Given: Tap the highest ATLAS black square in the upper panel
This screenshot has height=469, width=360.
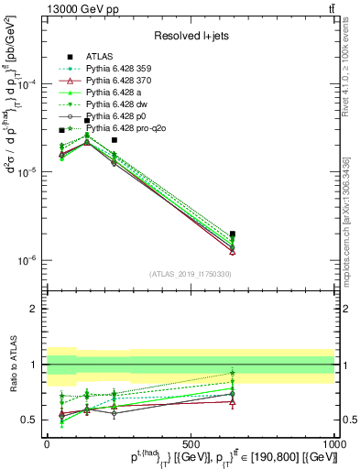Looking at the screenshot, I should coord(87,120).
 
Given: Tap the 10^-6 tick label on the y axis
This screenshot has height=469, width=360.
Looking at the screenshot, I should coord(26,260).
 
